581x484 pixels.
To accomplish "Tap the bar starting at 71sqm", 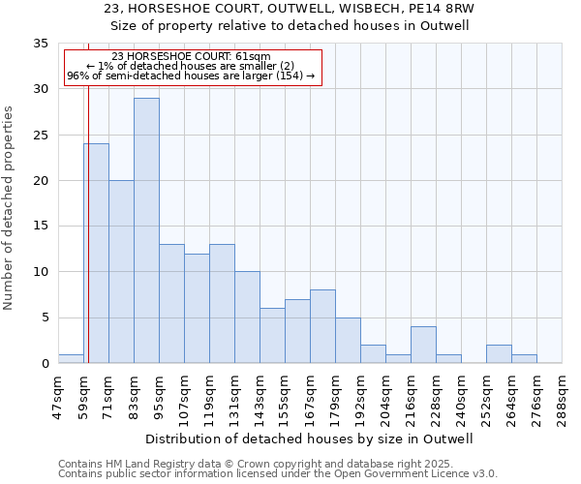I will coord(121,271).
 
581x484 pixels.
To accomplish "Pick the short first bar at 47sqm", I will coord(71,358).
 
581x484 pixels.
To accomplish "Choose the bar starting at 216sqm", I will coord(423,345).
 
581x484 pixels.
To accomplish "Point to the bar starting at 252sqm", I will coord(499,353).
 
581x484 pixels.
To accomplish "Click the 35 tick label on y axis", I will coord(41,44).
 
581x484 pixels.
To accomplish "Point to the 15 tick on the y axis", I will coord(41,227).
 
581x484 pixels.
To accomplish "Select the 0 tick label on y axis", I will coord(45,364).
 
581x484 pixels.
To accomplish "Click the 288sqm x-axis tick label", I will coord(563,394).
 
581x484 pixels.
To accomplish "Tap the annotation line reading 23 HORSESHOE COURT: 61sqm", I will coord(191,57).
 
